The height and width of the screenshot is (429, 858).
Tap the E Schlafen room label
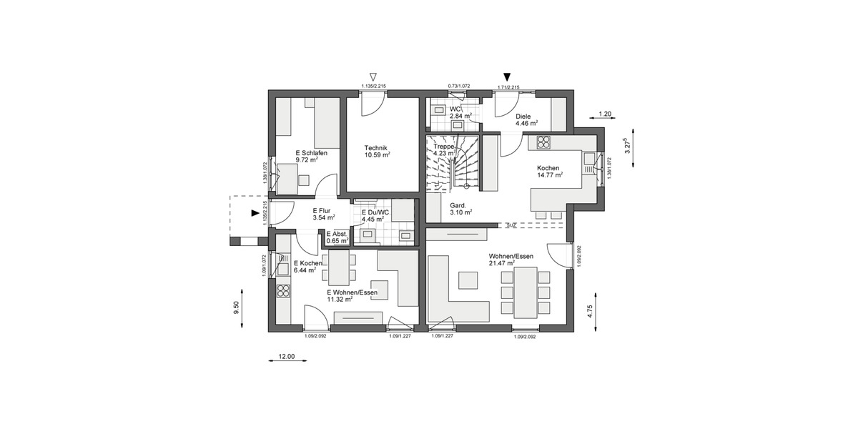point(310,153)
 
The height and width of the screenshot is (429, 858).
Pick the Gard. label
point(459,204)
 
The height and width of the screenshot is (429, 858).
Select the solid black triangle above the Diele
point(507,77)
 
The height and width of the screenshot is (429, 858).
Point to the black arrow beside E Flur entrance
point(255,212)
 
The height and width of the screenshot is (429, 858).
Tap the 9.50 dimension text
point(236,307)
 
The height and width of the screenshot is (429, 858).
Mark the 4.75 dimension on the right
point(589,310)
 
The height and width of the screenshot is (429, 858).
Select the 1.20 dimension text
point(604,114)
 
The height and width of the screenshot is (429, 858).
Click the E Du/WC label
point(375,212)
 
